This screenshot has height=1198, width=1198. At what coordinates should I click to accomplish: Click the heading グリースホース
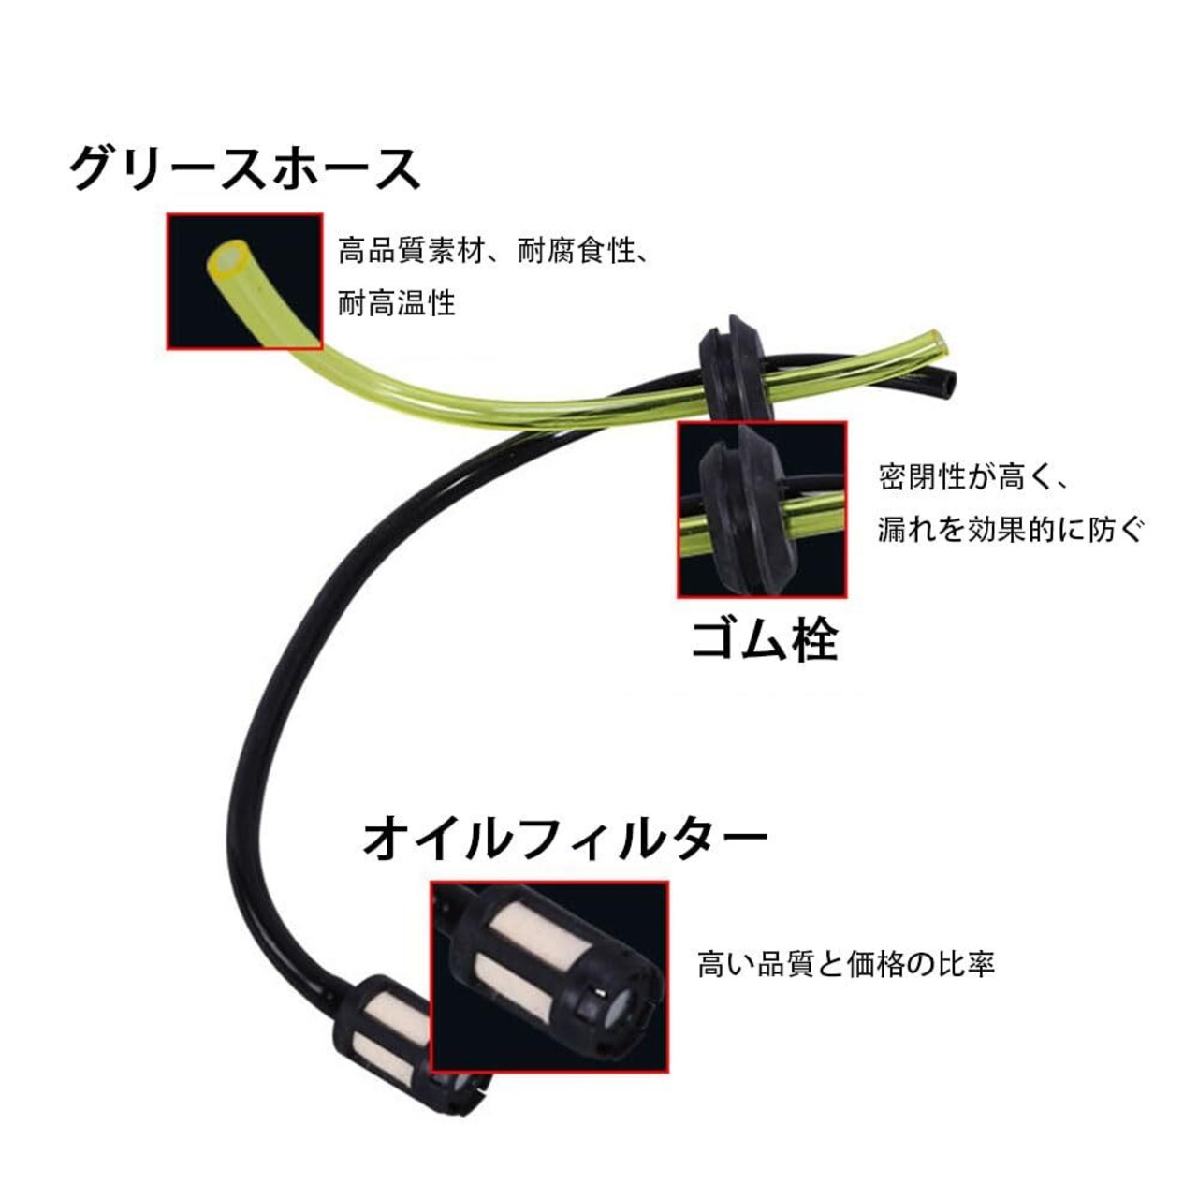coord(245,169)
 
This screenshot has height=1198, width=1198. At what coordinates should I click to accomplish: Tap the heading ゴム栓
coord(763,640)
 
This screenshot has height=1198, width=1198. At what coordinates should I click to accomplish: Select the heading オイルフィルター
coord(564,837)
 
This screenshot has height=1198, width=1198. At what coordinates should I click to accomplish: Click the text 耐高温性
coord(397,303)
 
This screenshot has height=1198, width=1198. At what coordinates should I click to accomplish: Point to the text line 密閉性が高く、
coord(973,477)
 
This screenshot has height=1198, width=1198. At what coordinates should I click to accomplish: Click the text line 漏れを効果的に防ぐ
coord(1011,530)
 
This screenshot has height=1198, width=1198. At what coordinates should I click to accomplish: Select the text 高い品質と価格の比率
coord(845,964)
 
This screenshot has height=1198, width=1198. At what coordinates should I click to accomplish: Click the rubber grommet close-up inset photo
coord(762,509)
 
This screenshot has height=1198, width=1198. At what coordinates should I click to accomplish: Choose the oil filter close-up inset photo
coord(549,976)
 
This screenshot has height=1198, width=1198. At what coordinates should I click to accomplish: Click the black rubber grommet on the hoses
coord(731,371)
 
